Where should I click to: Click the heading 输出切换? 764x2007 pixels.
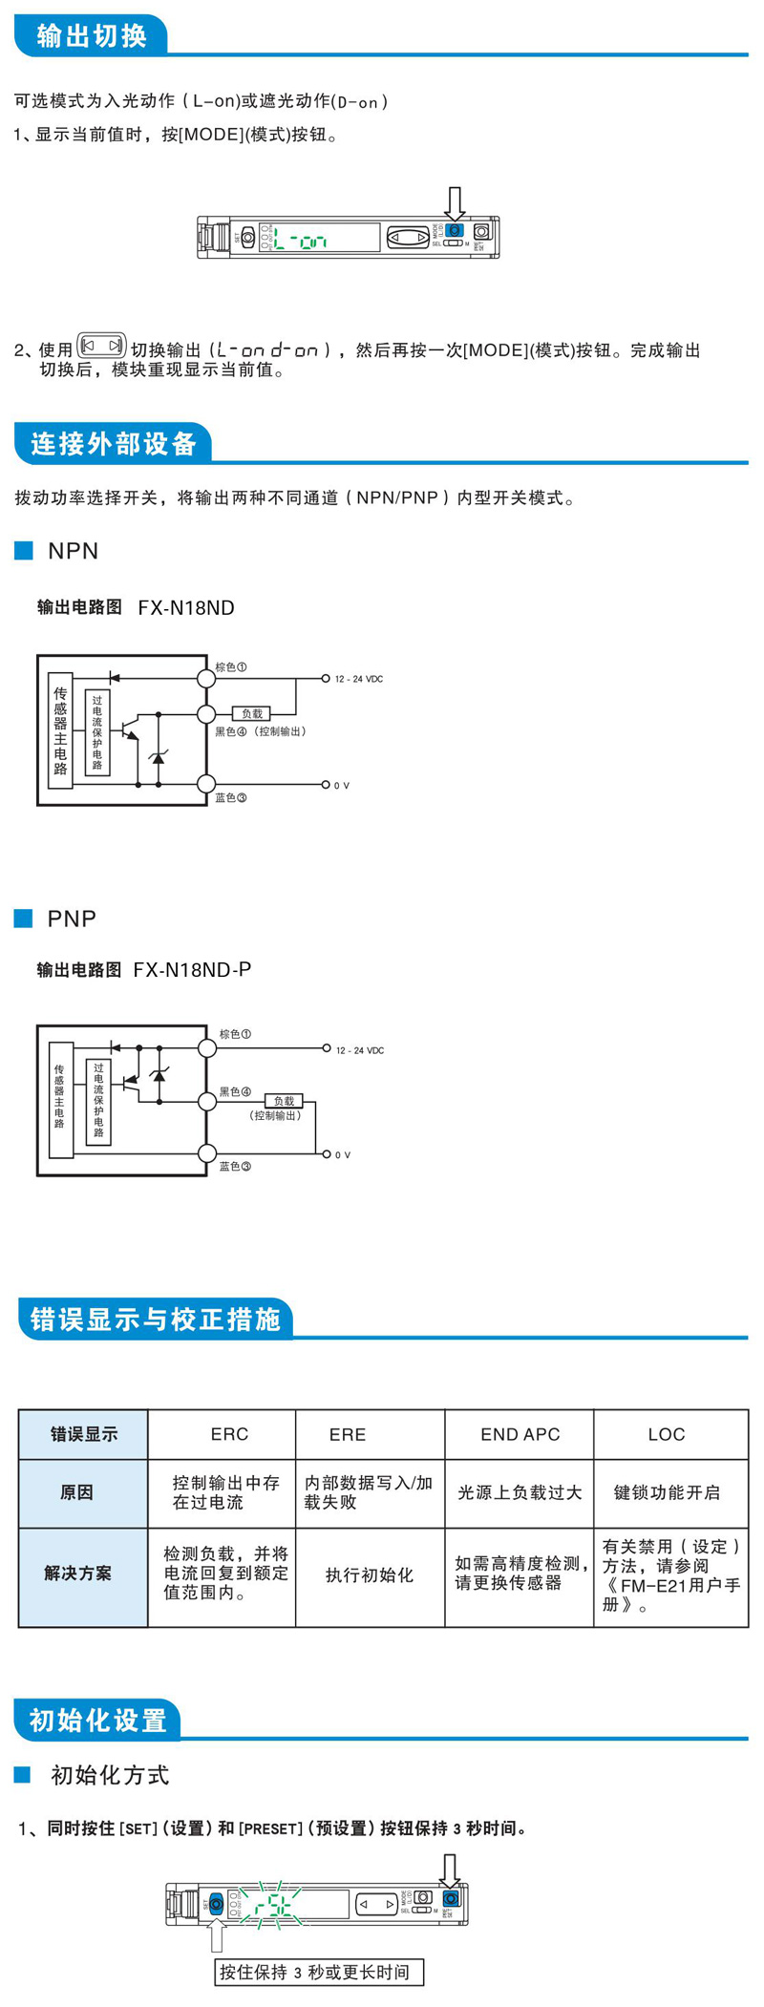point(92,36)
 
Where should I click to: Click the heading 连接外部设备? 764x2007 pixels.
point(113,444)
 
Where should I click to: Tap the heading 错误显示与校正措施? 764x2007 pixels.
point(155,1320)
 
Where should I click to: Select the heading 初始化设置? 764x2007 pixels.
point(97,1721)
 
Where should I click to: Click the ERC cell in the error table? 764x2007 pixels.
point(229,1434)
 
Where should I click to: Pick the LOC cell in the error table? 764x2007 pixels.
point(666,1434)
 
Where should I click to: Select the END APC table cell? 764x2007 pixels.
point(520,1434)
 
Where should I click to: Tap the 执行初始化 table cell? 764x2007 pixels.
point(370,1574)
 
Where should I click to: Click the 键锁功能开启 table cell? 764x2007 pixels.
point(667,1492)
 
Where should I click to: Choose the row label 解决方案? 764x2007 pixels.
point(77,1574)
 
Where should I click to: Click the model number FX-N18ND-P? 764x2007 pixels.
point(192,970)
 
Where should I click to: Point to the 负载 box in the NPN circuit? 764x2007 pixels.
point(252,713)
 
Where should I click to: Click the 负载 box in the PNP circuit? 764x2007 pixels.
point(284,1101)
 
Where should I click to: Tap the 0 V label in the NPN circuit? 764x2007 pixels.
point(342,786)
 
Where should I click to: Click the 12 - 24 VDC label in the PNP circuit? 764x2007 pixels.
point(360,1050)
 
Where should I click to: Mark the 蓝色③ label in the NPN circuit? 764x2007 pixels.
point(230,798)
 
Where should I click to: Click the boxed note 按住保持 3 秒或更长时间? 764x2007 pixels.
point(318,1973)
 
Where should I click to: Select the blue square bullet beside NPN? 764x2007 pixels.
point(24,551)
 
